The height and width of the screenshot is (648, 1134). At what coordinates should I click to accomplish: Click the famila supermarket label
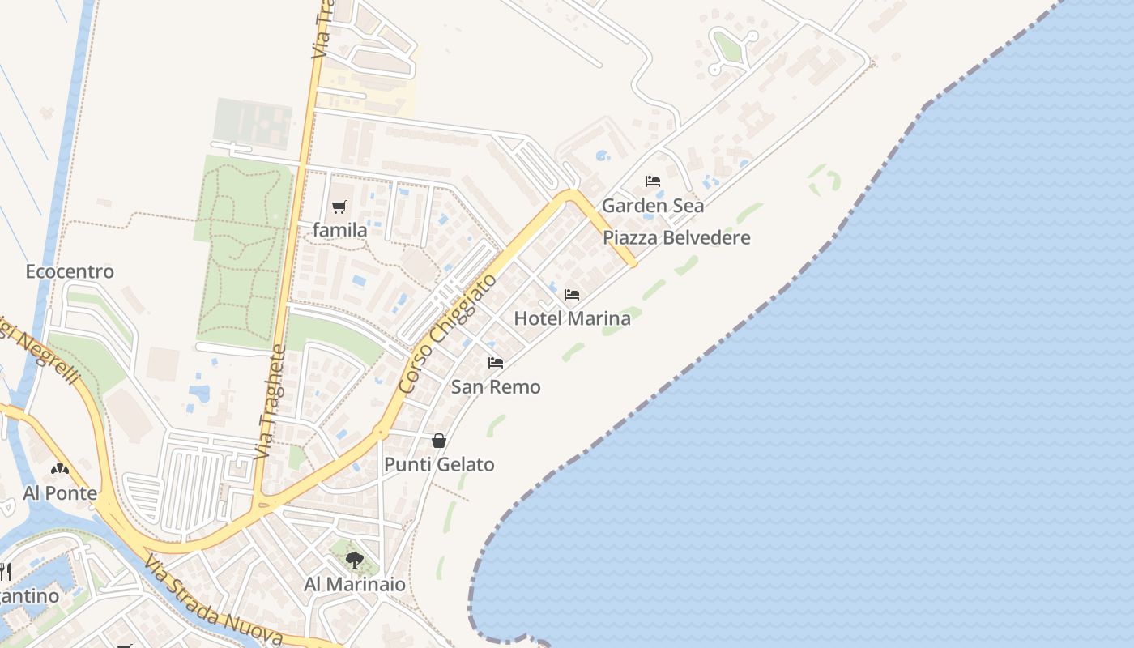340,231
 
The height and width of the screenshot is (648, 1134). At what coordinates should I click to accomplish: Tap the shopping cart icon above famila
339,207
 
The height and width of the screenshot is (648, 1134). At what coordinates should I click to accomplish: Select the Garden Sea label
653,206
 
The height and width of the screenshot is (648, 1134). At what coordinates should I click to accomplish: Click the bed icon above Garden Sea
653,181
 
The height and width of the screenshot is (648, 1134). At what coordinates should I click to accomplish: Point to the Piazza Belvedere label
677,238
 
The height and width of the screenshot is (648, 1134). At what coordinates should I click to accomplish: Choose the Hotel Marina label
573,318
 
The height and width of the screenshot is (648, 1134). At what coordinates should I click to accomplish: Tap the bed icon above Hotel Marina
572,295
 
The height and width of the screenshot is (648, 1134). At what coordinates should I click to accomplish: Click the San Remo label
496,387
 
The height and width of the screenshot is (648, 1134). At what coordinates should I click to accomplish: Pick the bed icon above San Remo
496,363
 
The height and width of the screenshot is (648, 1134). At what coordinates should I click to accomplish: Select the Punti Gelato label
439,465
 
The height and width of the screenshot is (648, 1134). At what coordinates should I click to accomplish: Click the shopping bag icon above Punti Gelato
439,441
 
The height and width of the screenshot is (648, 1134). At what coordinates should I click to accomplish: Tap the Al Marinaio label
355,585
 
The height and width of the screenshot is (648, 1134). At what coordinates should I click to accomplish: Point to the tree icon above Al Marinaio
354,560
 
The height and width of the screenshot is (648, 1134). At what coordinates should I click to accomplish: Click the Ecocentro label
70,272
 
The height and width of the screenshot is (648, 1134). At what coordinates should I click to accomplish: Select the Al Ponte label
60,493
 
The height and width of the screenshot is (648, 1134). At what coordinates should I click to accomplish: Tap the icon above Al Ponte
59,469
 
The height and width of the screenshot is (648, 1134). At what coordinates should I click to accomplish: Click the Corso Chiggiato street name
449,334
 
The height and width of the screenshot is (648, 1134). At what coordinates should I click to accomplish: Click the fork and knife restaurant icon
5,572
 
